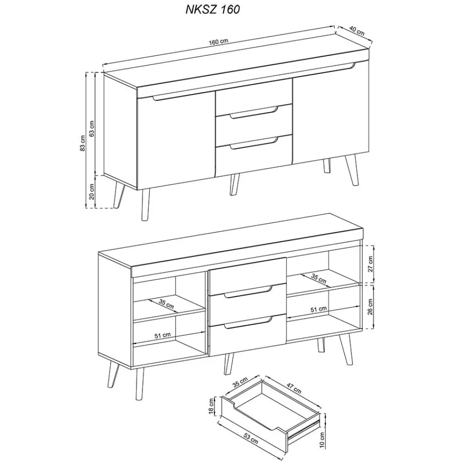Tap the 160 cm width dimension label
(x=219, y=42)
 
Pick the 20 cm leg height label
(x=92, y=191)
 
